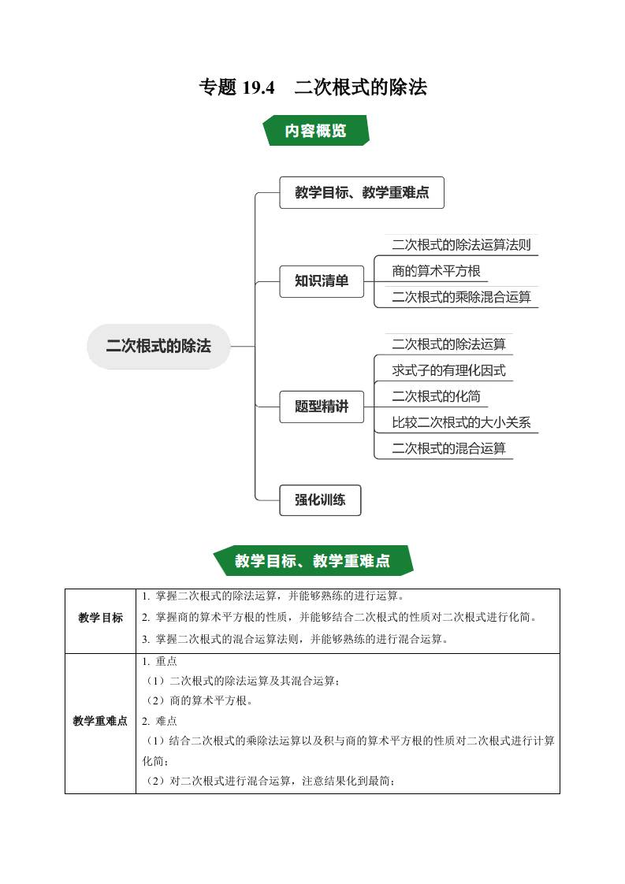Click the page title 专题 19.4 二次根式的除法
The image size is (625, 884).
pyautogui.click(x=313, y=88)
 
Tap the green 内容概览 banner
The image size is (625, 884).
pyautogui.click(x=315, y=131)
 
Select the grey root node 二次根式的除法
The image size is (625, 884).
pyautogui.click(x=158, y=346)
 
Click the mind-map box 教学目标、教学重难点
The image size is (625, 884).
pyautogui.click(x=362, y=192)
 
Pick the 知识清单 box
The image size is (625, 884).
pyautogui.click(x=322, y=280)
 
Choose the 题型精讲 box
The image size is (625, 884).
pyautogui.click(x=322, y=407)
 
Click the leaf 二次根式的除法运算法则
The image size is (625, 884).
pyautogui.click(x=461, y=245)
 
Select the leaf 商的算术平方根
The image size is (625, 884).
pyautogui.click(x=436, y=271)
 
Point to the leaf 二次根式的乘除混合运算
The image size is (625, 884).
pyautogui.click(x=461, y=297)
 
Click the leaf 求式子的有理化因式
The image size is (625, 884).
pyautogui.click(x=448, y=370)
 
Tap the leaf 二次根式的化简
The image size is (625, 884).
pyautogui.click(x=436, y=396)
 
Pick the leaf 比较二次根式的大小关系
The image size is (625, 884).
pyautogui.click(x=461, y=422)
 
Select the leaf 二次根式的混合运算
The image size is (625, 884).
pyautogui.click(x=448, y=448)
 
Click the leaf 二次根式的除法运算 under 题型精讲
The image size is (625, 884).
pyautogui.click(x=448, y=344)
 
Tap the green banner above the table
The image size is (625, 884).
pyautogui.click(x=313, y=561)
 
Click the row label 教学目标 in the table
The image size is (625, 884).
pyautogui.click(x=101, y=618)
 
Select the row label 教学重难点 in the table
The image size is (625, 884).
pyautogui.click(x=100, y=721)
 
